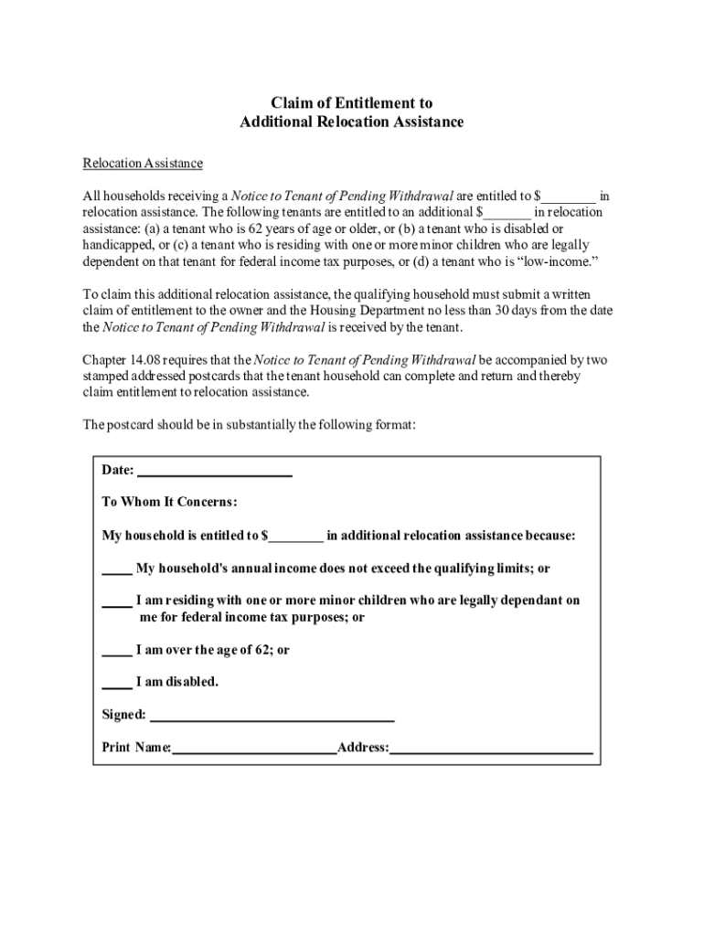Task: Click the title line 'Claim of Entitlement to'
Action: (352, 103)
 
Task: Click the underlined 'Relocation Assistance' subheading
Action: (143, 164)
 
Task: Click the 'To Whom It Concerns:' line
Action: (169, 503)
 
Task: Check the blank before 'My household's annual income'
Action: (116, 569)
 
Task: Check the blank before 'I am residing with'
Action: (116, 601)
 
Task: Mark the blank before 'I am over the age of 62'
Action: (116, 651)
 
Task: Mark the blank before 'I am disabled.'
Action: (116, 683)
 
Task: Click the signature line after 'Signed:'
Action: (272, 715)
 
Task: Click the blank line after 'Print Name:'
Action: (254, 749)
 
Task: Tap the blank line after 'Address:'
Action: (491, 749)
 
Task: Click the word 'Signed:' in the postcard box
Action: (123, 715)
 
